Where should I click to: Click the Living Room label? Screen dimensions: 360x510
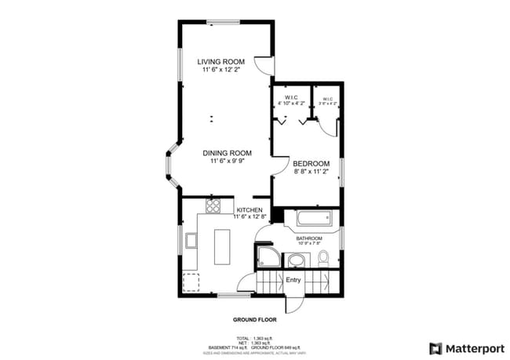[220, 61]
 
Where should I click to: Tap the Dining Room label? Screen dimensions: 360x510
[227, 152]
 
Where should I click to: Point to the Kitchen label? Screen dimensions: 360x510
[249, 209]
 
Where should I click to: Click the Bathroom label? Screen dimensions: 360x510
[308, 238]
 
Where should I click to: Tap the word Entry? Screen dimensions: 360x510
[293, 279]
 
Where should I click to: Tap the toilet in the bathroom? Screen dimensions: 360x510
[322, 259]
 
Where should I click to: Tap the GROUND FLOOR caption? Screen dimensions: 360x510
[254, 320]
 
